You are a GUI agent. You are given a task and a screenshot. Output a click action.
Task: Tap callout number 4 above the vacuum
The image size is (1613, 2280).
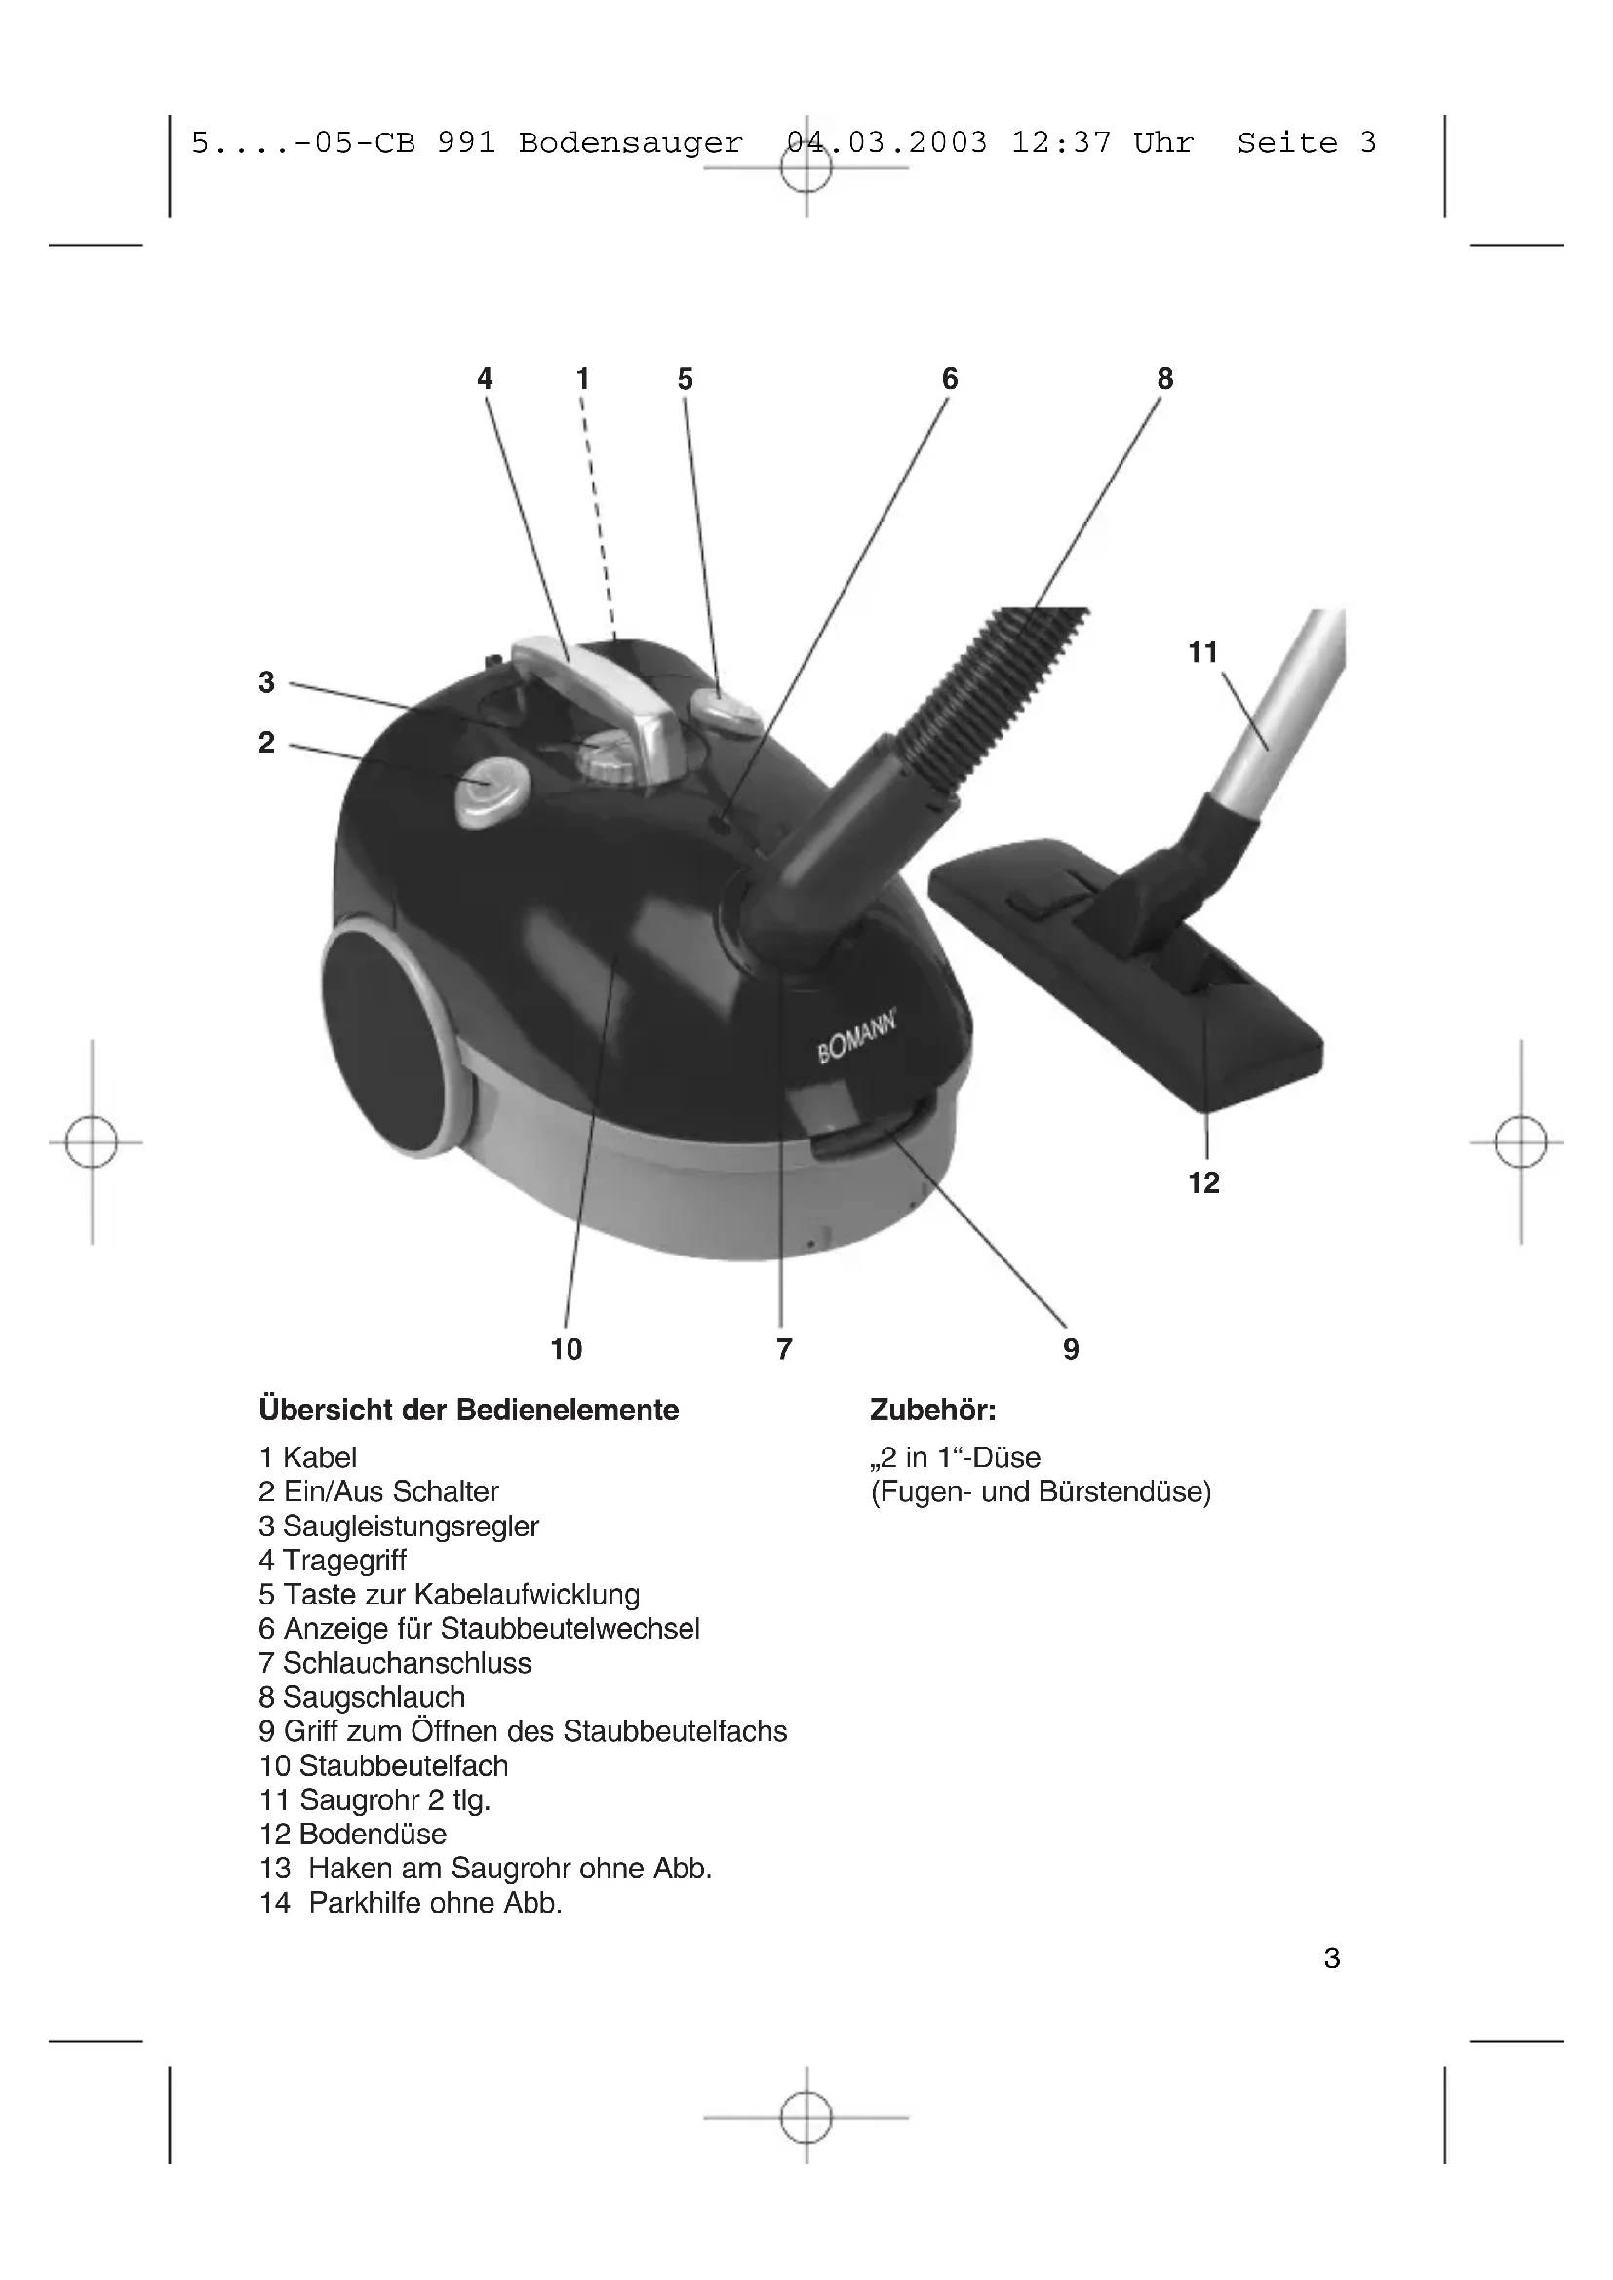(x=485, y=378)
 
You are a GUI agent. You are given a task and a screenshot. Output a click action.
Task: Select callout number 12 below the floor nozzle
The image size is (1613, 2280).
(x=1203, y=1182)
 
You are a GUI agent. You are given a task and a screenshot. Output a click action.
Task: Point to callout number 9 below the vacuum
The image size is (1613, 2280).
(x=1071, y=1348)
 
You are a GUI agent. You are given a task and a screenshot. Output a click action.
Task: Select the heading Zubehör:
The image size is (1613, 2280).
(x=931, y=1410)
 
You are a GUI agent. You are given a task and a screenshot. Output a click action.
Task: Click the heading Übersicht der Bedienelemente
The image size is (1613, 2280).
(x=469, y=1410)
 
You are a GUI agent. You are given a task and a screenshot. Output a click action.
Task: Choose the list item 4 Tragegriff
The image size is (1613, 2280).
(x=333, y=1560)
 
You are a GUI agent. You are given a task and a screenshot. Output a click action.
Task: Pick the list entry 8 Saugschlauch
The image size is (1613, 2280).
(x=362, y=1697)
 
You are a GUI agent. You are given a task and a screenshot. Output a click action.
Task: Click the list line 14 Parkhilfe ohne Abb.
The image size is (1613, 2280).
(x=411, y=1903)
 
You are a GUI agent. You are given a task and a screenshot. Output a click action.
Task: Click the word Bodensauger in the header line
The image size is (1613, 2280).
(x=631, y=143)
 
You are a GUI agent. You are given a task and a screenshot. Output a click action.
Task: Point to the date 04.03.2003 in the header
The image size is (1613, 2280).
(x=885, y=143)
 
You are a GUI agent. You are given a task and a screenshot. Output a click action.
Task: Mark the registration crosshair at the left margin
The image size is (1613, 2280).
(x=92, y=1142)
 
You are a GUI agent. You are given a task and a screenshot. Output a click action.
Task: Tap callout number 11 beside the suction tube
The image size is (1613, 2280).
(x=1202, y=652)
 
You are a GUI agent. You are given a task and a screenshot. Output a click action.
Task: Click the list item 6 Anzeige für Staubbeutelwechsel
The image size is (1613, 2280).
(x=479, y=1629)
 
